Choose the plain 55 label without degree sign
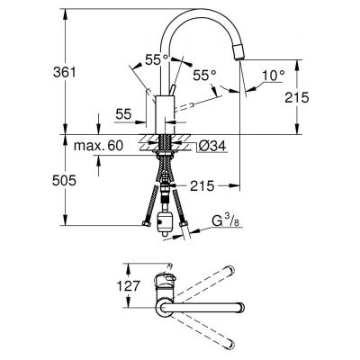click(123, 115)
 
